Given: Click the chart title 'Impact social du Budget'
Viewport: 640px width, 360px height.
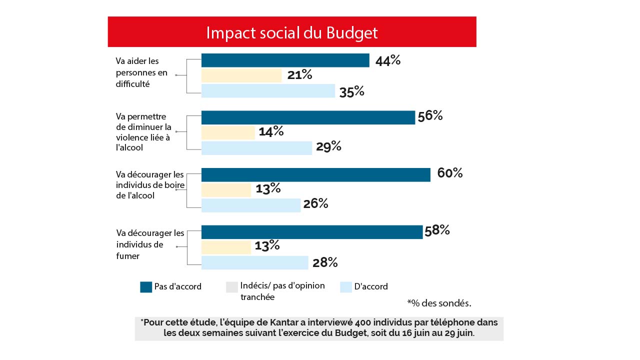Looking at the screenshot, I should point(291,32).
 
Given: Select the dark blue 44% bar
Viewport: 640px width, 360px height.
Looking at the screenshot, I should point(285,60).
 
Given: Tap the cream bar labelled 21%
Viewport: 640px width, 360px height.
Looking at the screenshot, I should point(241,75).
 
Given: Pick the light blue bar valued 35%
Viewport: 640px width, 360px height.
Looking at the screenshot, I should point(268,91).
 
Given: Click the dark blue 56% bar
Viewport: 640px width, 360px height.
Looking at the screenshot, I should point(308,117).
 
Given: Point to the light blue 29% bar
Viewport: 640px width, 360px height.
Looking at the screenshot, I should point(256,148).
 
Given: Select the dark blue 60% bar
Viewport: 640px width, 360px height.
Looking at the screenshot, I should point(315,174).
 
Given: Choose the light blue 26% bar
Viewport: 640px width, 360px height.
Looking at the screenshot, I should point(250,205).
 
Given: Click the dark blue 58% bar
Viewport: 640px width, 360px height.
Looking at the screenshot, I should point(311,232).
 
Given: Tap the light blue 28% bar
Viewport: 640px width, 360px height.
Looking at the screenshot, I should point(254,262).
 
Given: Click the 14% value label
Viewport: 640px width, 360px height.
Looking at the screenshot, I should point(271,131).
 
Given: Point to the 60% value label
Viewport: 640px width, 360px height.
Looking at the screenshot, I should point(449,173).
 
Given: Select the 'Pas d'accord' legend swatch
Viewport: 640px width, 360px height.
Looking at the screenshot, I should point(146,287).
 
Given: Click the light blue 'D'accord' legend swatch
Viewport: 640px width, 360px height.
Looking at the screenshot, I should point(346,287).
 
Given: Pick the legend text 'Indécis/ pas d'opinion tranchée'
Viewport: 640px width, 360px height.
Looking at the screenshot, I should point(282,291).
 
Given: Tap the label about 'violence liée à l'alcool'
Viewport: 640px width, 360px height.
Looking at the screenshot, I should point(143,132).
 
